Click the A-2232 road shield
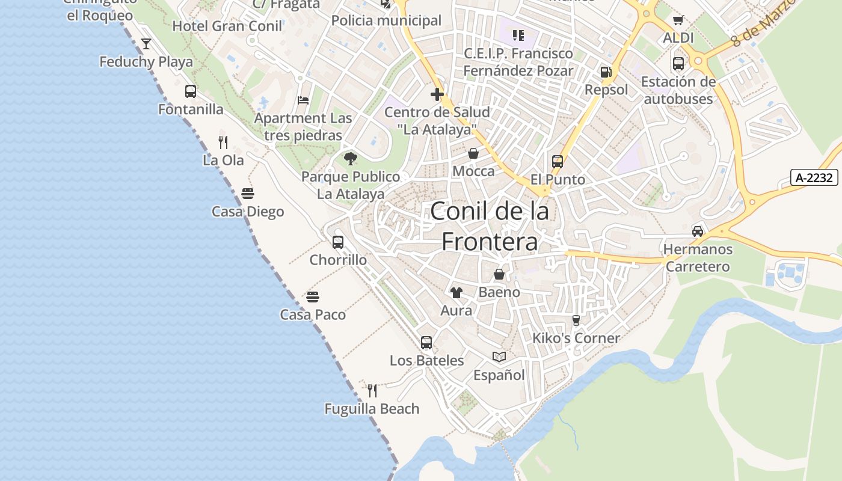pyautogui.click(x=814, y=177)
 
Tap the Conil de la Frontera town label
pyautogui.click(x=490, y=227)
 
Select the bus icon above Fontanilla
pyautogui.click(x=191, y=91)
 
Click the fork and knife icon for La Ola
pyautogui.click(x=223, y=142)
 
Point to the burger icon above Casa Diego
pyautogui.click(x=248, y=194)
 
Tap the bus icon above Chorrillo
pyautogui.click(x=338, y=242)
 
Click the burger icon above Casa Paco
pyautogui.click(x=313, y=296)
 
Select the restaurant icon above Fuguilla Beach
pyautogui.click(x=372, y=391)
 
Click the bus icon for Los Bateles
pyautogui.click(x=426, y=343)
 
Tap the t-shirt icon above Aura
pyautogui.click(x=456, y=293)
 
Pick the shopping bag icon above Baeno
pyautogui.click(x=499, y=275)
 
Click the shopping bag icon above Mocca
pyautogui.click(x=473, y=153)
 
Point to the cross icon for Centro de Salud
pyautogui.click(x=437, y=94)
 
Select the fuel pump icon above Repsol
pyautogui.click(x=606, y=72)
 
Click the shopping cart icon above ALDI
pyautogui.click(x=678, y=20)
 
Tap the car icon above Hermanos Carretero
pyautogui.click(x=698, y=231)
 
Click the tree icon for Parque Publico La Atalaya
pyautogui.click(x=351, y=159)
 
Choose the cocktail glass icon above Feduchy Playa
pyautogui.click(x=146, y=43)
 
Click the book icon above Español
pyautogui.click(x=499, y=357)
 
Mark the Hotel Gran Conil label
pyautogui.click(x=227, y=26)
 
